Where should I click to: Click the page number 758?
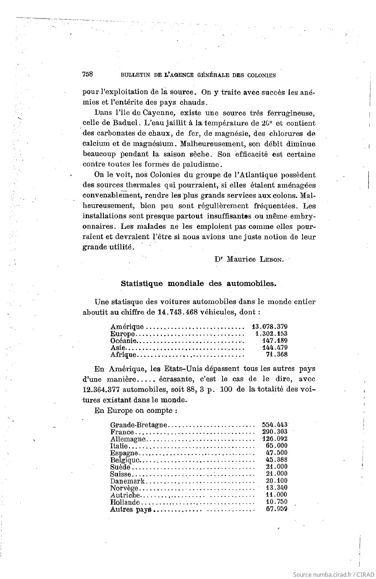coord(88,74)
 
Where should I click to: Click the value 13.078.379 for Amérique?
coord(270,327)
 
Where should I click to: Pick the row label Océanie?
coord(123,341)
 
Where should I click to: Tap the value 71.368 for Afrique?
coord(277,355)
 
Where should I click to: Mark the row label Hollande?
coord(125,502)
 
